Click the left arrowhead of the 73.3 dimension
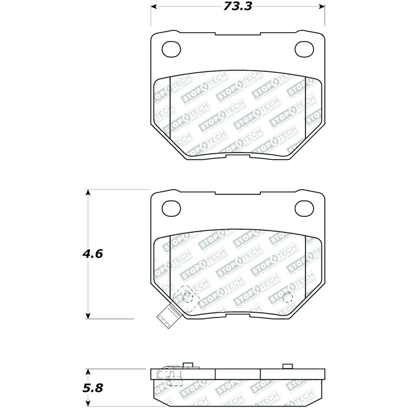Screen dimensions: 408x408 (x=153, y=7)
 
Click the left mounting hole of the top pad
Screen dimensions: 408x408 (x=171, y=49)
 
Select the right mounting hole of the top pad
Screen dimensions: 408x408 (x=304, y=49)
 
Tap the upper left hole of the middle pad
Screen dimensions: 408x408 (x=171, y=208)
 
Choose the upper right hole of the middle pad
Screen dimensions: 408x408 (x=304, y=208)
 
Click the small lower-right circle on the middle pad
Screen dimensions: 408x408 (x=287, y=296)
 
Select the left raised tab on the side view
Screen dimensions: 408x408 (x=187, y=365)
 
